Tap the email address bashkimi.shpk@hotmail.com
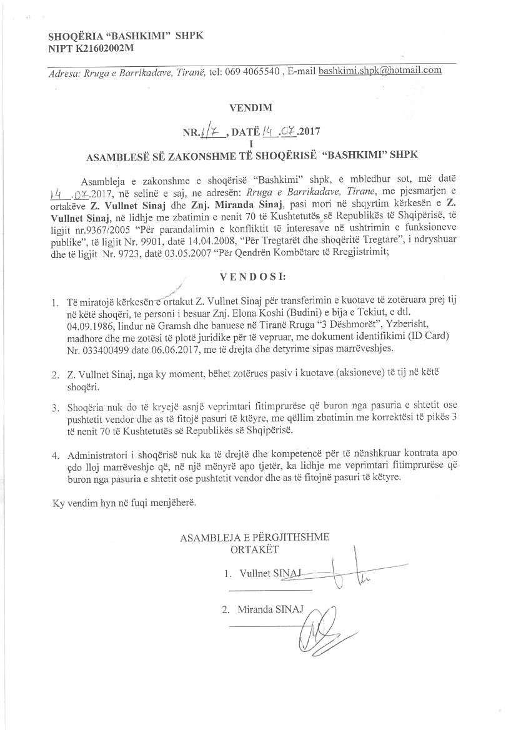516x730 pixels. (380, 71)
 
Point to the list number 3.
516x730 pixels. (55, 408)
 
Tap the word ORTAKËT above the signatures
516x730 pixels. (254, 550)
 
